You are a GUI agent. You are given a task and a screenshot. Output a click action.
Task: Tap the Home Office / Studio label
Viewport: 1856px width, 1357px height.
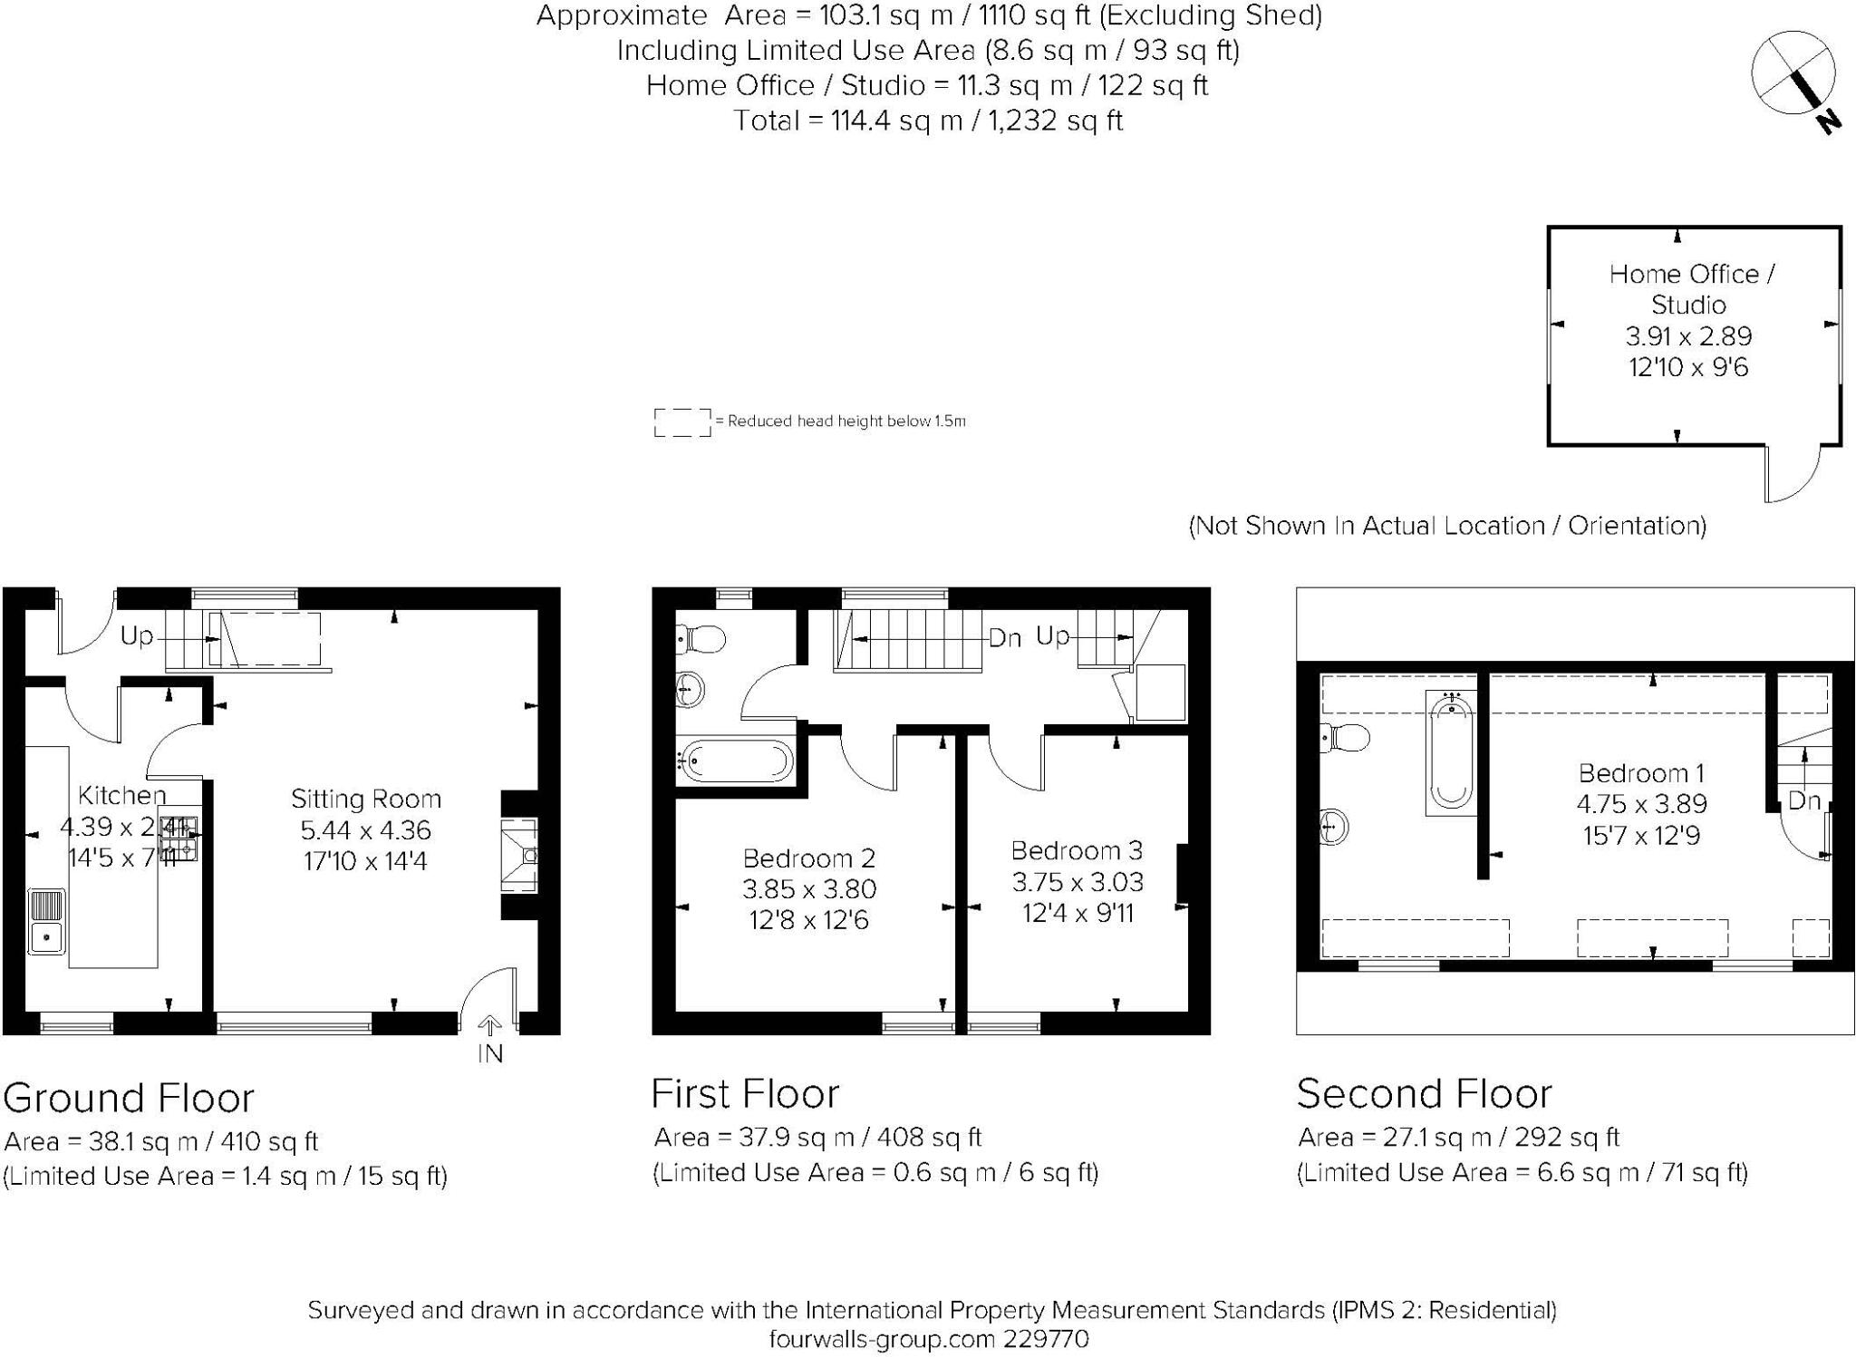[x=1691, y=288]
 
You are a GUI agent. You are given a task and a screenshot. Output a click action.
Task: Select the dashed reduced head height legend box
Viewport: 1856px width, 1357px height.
[x=682, y=422]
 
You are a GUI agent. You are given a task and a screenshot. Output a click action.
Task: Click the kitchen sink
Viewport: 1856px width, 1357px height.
[x=46, y=922]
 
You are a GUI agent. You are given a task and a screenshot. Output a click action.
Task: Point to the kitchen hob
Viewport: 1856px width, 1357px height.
[x=179, y=838]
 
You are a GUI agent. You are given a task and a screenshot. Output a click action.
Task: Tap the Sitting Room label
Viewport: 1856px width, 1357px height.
[x=366, y=799]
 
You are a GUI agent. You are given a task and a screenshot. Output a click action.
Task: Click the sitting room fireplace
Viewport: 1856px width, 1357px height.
[x=520, y=856]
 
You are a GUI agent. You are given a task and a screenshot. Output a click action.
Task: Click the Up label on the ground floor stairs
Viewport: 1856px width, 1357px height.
[x=137, y=636]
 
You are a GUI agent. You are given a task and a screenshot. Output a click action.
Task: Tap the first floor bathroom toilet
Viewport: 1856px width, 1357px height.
[x=702, y=639]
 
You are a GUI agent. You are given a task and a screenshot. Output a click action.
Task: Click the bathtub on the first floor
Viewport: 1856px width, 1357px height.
[x=736, y=761]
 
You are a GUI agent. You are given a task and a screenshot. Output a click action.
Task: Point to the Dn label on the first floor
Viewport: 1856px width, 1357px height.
[x=1005, y=638]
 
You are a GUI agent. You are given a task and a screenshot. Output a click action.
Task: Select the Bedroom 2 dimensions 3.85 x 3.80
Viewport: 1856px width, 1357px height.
[x=809, y=889]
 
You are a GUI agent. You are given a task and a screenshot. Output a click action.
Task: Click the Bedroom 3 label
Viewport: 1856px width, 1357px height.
[x=1077, y=850]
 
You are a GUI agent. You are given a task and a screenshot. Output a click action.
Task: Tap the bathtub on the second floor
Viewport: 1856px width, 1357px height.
[x=1451, y=752]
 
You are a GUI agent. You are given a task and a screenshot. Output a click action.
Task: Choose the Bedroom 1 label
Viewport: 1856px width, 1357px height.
[x=1641, y=773]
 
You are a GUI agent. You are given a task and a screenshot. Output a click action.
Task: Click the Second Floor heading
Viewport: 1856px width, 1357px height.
[x=1424, y=1094]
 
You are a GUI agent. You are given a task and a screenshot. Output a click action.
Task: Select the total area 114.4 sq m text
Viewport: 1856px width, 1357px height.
[x=928, y=121]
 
